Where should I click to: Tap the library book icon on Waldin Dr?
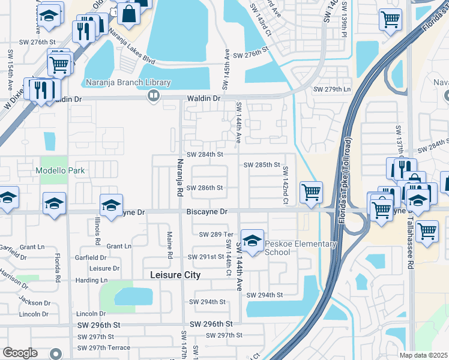pyautogui.click(x=154, y=95)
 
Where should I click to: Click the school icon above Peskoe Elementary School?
pyautogui.click(x=253, y=241)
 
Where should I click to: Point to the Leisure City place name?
pyautogui.click(x=175, y=275)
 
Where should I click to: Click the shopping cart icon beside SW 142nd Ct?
pyautogui.click(x=311, y=193)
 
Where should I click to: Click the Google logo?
pyautogui.click(x=20, y=352)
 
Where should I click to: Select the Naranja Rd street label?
pyautogui.click(x=179, y=178)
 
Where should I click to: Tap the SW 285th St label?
pyautogui.click(x=262, y=164)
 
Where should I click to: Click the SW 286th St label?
pyautogui.click(x=205, y=188)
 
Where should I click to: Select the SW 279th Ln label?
pyautogui.click(x=332, y=90)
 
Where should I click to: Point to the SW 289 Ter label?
pyautogui.click(x=215, y=234)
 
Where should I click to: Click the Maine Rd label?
pyautogui.click(x=169, y=246)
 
